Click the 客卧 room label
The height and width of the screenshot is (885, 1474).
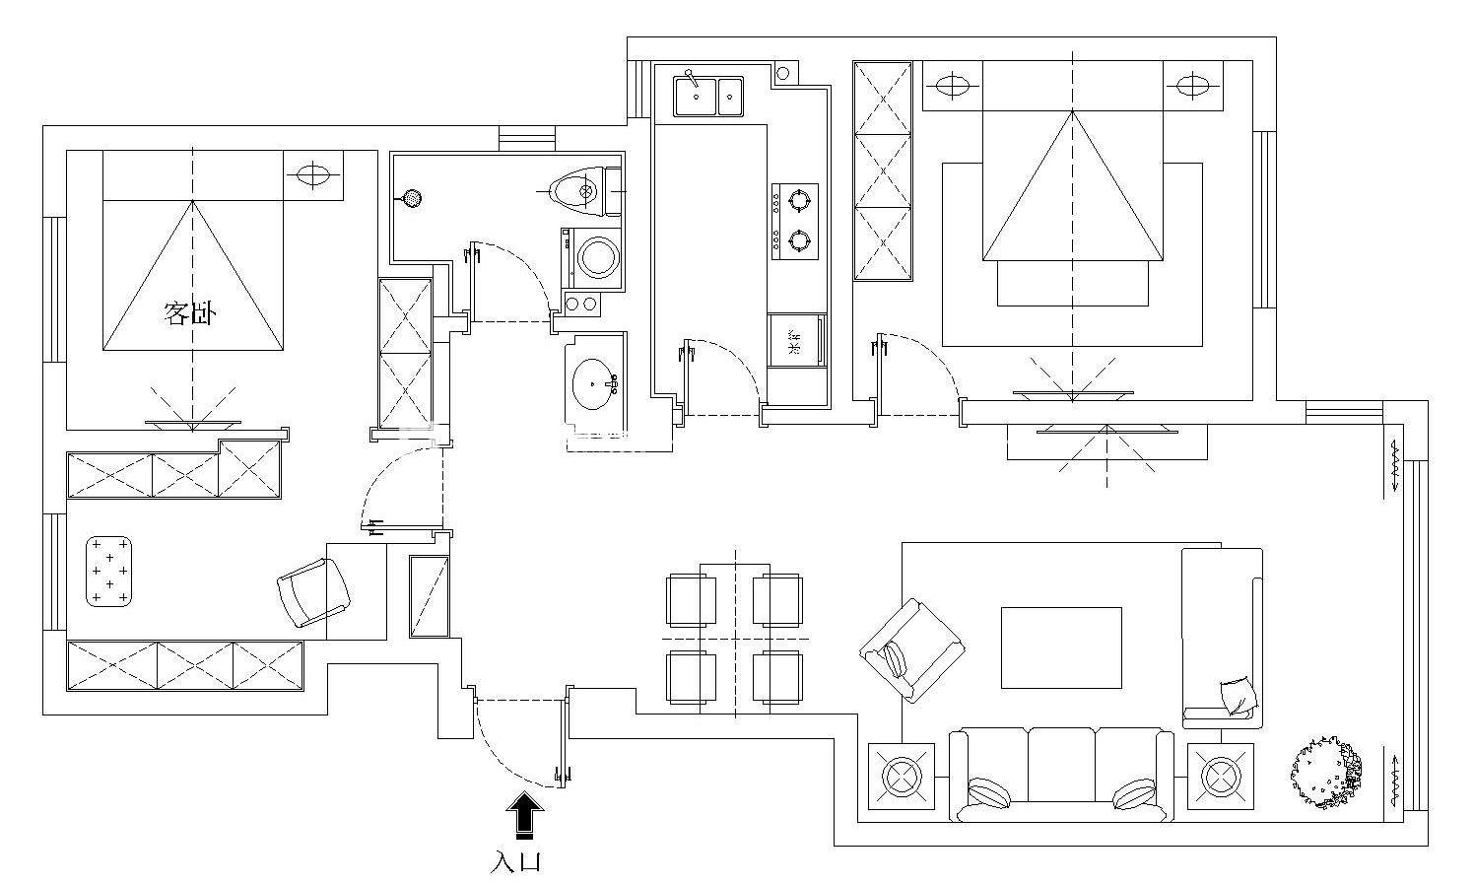(189, 314)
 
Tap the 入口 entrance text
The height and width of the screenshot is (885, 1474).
(517, 862)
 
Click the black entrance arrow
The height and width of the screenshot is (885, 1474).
(525, 815)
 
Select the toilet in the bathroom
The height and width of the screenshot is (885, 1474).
(577, 191)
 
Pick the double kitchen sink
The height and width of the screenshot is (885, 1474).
(708, 96)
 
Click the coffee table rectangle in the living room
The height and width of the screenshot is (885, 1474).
(1061, 647)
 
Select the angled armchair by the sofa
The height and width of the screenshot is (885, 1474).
(911, 649)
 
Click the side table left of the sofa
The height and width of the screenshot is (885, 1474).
(901, 776)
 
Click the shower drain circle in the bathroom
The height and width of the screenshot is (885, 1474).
(411, 199)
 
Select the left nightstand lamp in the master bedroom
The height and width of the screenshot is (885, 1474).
(953, 86)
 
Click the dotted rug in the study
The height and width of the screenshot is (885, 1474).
(109, 571)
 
